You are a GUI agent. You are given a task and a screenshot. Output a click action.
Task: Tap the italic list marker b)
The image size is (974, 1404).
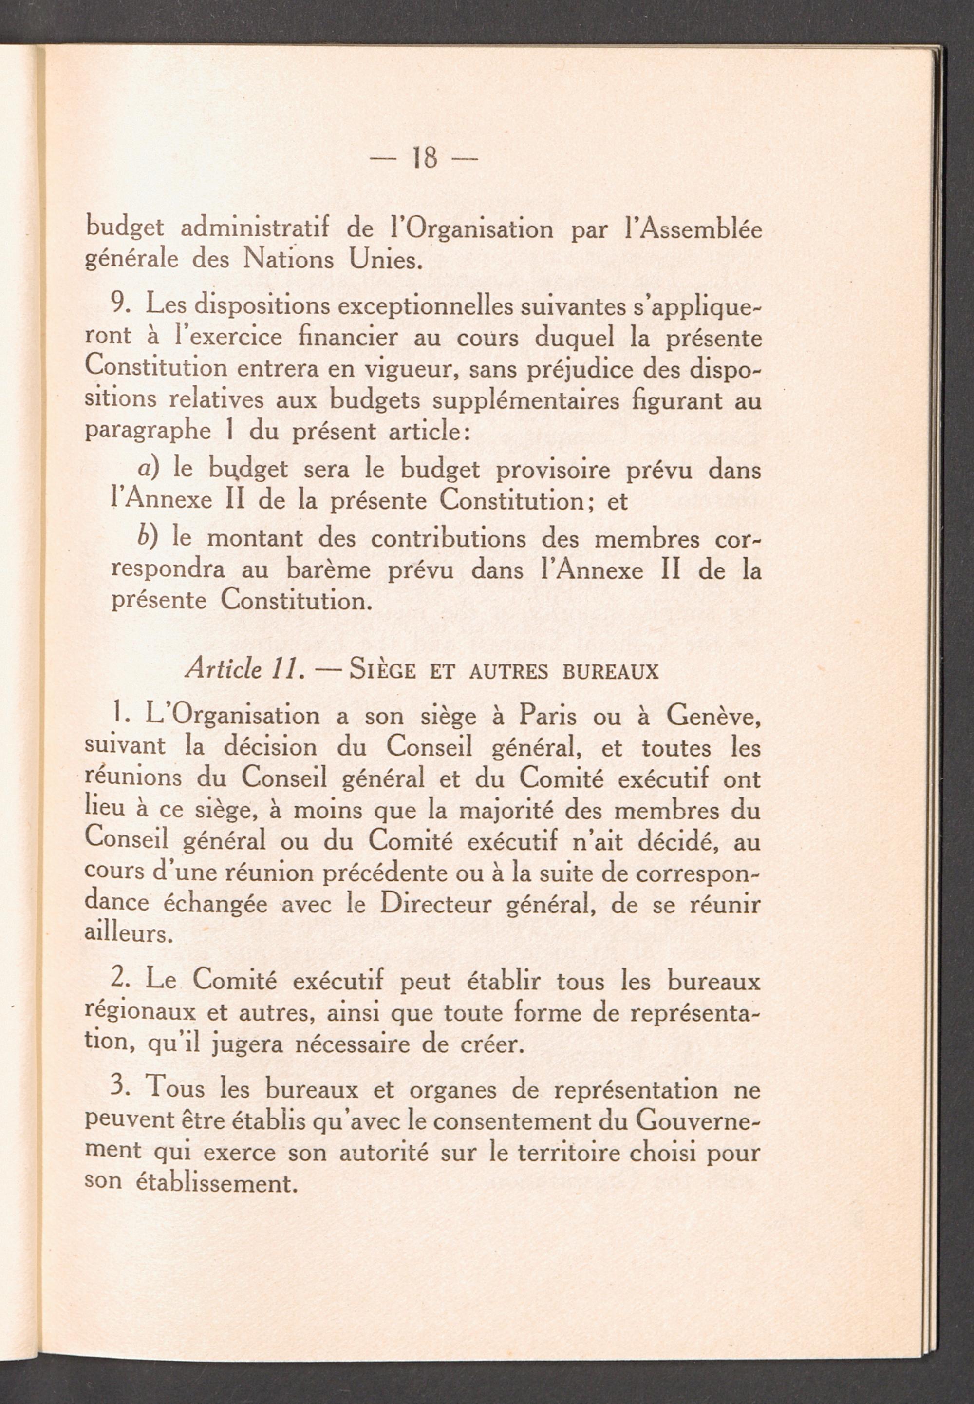pyautogui.click(x=149, y=538)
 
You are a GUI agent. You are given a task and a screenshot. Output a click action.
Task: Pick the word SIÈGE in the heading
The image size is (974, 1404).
pyautogui.click(x=383, y=671)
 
